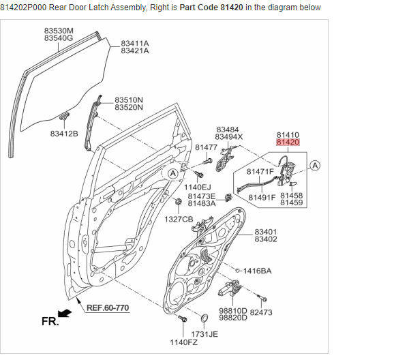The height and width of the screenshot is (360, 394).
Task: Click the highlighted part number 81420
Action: pyautogui.click(x=288, y=142)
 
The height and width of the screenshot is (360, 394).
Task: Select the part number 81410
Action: pyautogui.click(x=288, y=134)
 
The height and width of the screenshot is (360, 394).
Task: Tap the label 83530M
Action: pyautogui.click(x=59, y=31)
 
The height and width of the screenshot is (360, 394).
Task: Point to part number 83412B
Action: pyautogui.click(x=64, y=133)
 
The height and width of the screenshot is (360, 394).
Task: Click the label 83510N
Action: pyautogui.click(x=129, y=100)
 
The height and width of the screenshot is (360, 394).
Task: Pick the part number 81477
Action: pyautogui.click(x=206, y=147)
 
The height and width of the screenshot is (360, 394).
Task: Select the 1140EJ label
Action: pyautogui.click(x=198, y=186)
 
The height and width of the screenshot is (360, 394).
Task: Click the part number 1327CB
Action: pyautogui.click(x=179, y=219)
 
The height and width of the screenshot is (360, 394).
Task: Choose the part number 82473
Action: pyautogui.click(x=261, y=312)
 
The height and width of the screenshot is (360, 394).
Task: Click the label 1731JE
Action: pyautogui.click(x=204, y=334)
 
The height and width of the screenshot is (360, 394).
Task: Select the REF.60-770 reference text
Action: pyautogui.click(x=108, y=307)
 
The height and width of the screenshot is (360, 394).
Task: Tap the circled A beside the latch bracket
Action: pyautogui.click(x=316, y=165)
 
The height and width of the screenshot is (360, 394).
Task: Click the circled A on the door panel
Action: pyautogui.click(x=173, y=174)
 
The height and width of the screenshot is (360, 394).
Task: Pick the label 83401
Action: pyautogui.click(x=266, y=232)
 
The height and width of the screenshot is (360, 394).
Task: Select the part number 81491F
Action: pyautogui.click(x=262, y=198)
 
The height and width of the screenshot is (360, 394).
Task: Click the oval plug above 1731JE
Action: pyautogui.click(x=204, y=318)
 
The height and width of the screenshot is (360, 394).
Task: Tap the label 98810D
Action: pyautogui.click(x=232, y=311)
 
